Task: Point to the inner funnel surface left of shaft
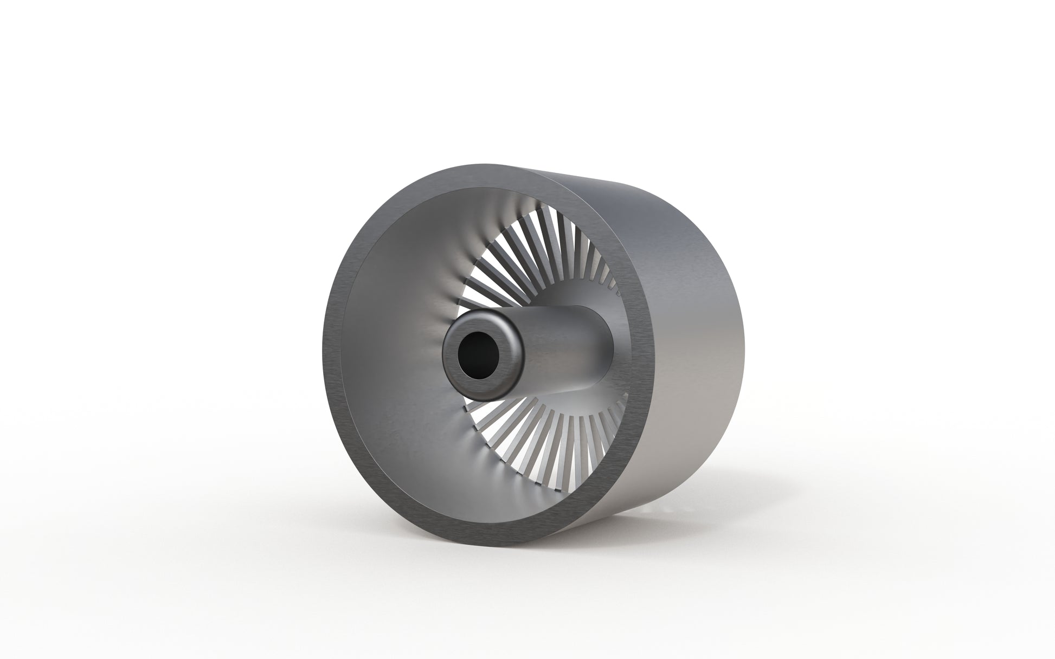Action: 390,352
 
